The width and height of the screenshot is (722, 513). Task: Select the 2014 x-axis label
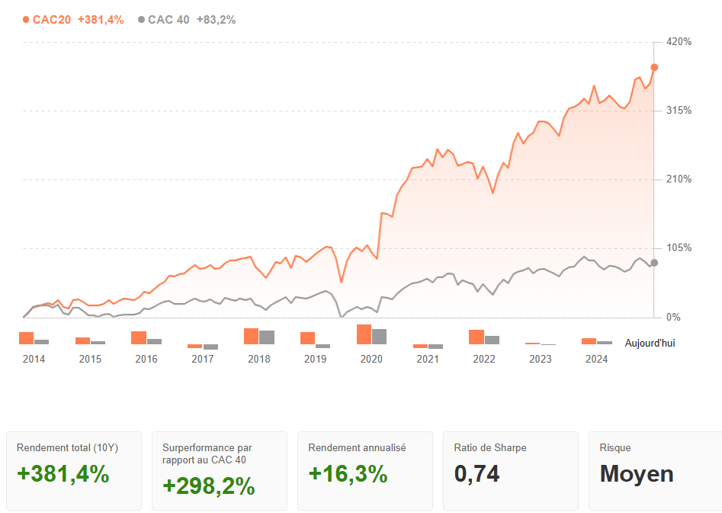pyautogui.click(x=34, y=359)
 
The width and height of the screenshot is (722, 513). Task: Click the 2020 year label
pyautogui.click(x=371, y=359)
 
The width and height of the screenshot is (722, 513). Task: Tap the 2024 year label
pyautogui.click(x=596, y=359)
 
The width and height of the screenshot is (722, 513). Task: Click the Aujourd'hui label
pyautogui.click(x=650, y=344)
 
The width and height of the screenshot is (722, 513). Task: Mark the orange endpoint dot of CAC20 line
pyautogui.click(x=654, y=67)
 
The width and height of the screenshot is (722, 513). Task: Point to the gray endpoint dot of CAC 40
pyautogui.click(x=654, y=263)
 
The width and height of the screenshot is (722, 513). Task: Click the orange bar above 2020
pyautogui.click(x=364, y=334)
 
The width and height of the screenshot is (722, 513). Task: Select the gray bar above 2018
pyautogui.click(x=267, y=337)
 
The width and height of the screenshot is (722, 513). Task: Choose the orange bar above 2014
pyautogui.click(x=26, y=338)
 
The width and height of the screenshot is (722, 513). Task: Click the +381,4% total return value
pyautogui.click(x=63, y=474)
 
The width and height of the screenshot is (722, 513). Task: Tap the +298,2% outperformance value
pyautogui.click(x=208, y=486)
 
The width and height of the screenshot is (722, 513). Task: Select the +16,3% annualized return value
pyautogui.click(x=348, y=474)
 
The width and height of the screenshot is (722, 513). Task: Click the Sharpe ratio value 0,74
pyautogui.click(x=477, y=474)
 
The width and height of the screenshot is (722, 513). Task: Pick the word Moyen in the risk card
pyautogui.click(x=637, y=474)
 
